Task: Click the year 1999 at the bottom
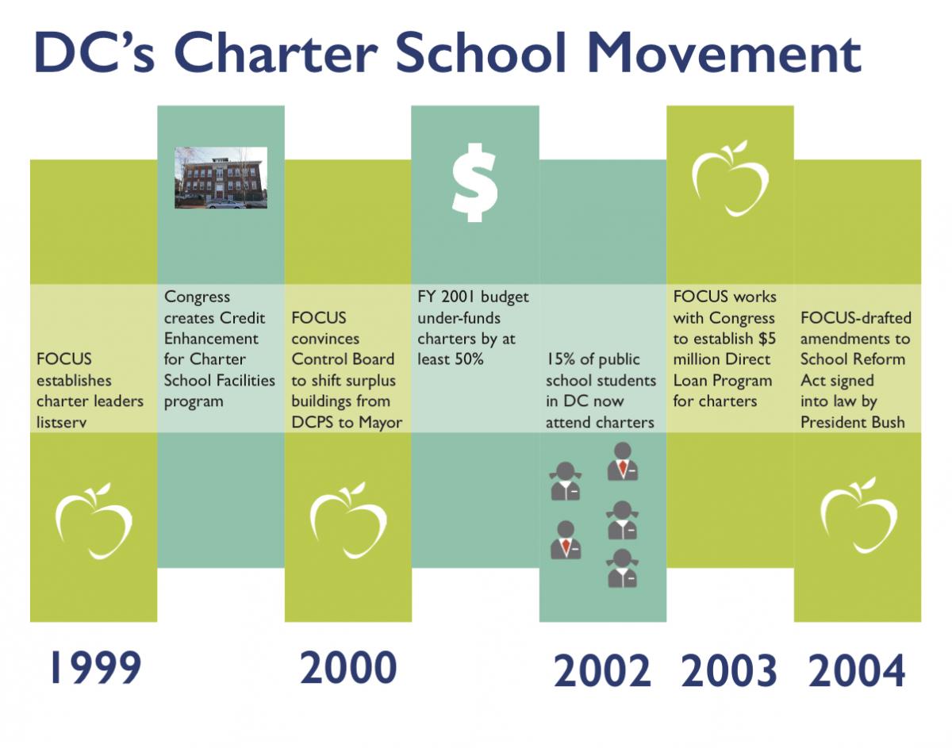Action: (96, 667)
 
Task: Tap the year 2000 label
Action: (349, 667)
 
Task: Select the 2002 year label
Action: (602, 670)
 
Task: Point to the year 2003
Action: (729, 670)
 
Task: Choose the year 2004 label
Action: (857, 670)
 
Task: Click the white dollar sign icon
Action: (475, 182)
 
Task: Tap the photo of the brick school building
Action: (221, 178)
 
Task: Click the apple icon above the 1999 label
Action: (94, 521)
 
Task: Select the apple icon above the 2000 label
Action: (348, 520)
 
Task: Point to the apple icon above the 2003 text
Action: (731, 178)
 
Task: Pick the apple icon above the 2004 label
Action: (858, 516)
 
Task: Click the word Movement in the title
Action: (724, 53)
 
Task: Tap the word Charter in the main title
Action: (276, 53)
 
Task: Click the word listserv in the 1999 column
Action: (62, 422)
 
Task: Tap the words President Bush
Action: (853, 422)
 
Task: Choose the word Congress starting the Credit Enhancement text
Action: (197, 297)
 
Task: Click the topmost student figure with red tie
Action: (623, 461)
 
